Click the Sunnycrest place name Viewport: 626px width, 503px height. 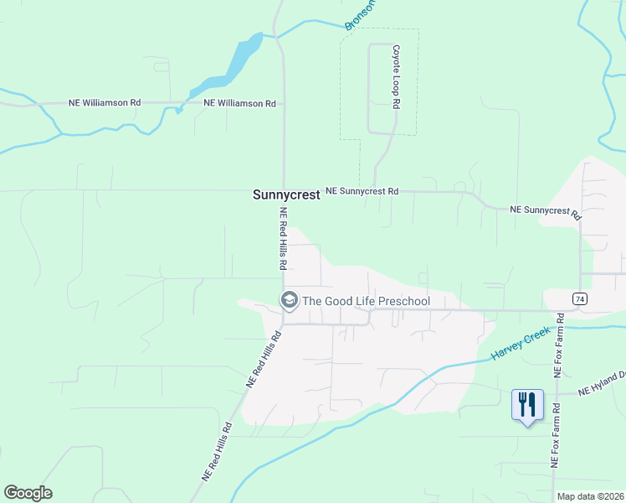[286, 194]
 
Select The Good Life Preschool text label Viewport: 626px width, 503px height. [366, 301]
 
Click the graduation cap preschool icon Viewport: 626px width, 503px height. [289, 300]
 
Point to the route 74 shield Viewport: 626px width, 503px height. [579, 298]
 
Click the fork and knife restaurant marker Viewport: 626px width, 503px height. [527, 406]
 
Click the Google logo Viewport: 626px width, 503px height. [28, 493]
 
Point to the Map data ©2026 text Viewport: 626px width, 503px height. [591, 496]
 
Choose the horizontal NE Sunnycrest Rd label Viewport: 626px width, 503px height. [362, 191]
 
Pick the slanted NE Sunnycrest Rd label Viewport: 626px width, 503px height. [546, 212]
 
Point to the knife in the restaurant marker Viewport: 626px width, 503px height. [531, 405]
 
